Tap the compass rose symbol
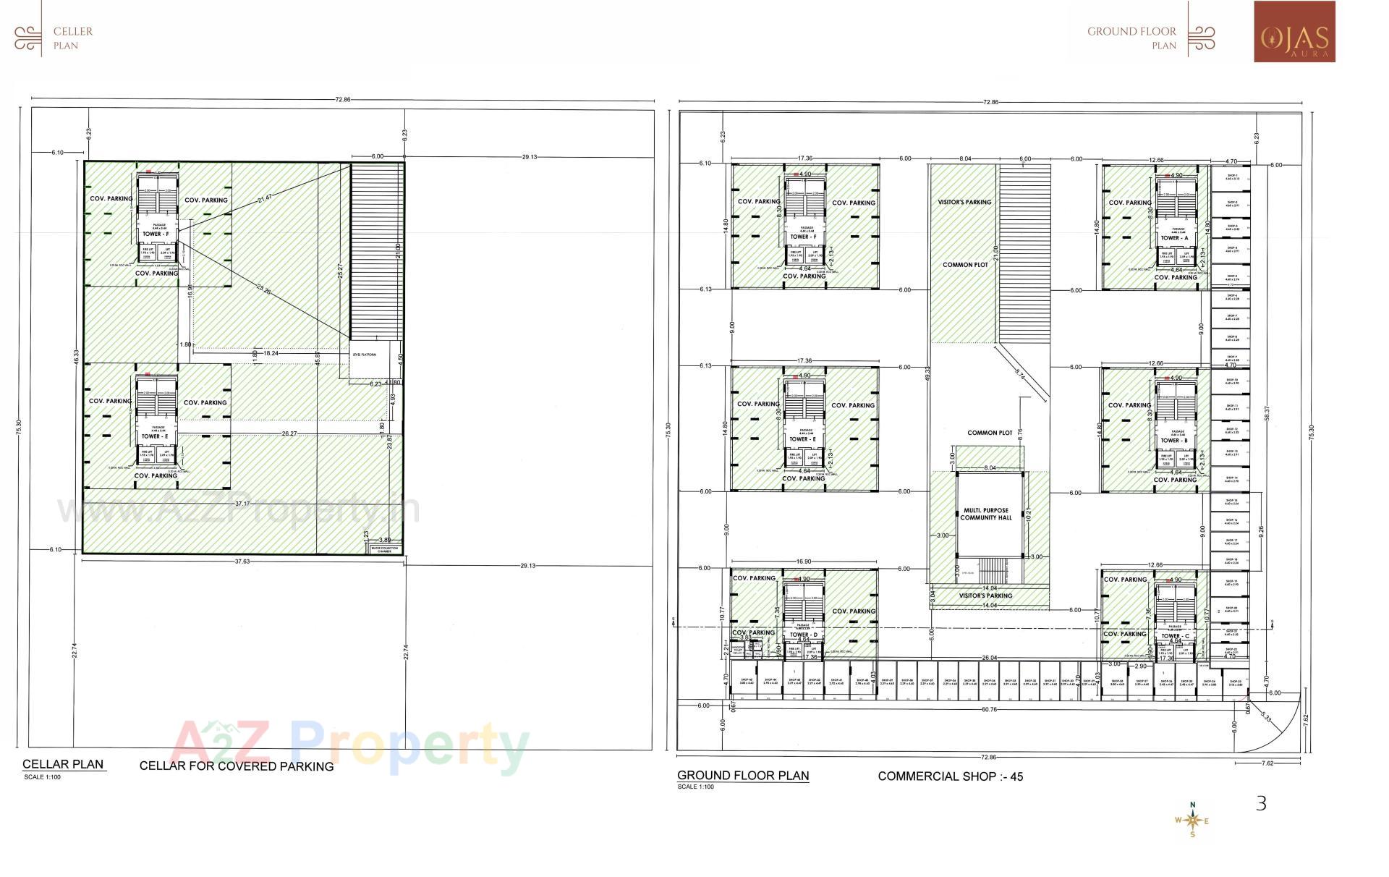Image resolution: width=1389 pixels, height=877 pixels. [x=1193, y=820]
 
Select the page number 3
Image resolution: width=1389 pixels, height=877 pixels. [x=1261, y=803]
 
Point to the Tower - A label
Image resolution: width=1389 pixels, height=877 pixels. [x=1174, y=238]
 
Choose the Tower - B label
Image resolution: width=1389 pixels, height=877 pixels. [x=1174, y=441]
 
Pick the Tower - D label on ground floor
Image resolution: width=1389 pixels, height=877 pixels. [x=803, y=635]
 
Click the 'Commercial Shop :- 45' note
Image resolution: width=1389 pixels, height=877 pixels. [x=950, y=776]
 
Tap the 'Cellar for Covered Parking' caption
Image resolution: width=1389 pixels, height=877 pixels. [x=237, y=766]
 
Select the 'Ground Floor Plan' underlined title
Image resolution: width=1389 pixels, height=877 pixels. [x=743, y=776]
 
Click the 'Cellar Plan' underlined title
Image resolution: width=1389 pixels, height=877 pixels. [x=63, y=764]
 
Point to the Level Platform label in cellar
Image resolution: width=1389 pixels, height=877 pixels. [x=365, y=355]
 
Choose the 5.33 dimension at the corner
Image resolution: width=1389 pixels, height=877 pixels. [x=1265, y=717]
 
